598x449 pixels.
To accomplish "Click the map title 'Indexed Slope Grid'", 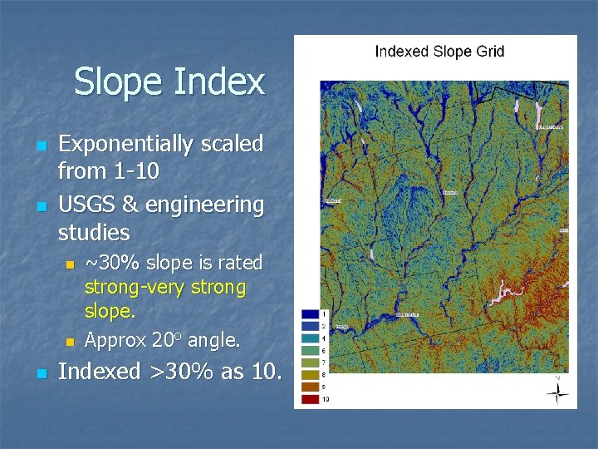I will tap(439, 52).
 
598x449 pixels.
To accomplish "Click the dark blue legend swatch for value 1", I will tap(310, 313).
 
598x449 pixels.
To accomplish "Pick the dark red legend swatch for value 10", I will tap(310, 399).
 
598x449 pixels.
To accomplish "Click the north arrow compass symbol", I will tap(556, 390).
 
